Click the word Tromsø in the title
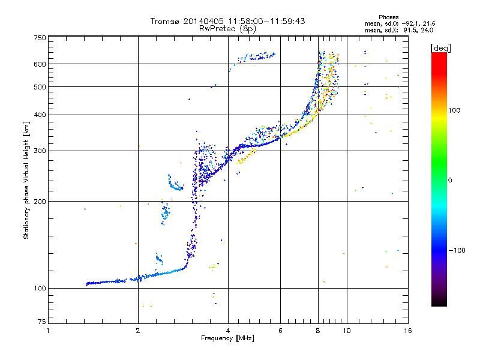166,21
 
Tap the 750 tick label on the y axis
40,38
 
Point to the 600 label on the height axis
40,64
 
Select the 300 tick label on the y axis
40,151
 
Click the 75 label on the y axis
42,322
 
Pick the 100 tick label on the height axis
40,289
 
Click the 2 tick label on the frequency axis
138,331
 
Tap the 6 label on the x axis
280,331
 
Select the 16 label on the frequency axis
408,331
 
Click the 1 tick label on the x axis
48,331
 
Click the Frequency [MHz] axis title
227,338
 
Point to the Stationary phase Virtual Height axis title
26,181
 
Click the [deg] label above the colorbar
440,49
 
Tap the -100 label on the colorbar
457,250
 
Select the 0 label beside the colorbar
450,181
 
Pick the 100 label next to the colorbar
454,110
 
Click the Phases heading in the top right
388,17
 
